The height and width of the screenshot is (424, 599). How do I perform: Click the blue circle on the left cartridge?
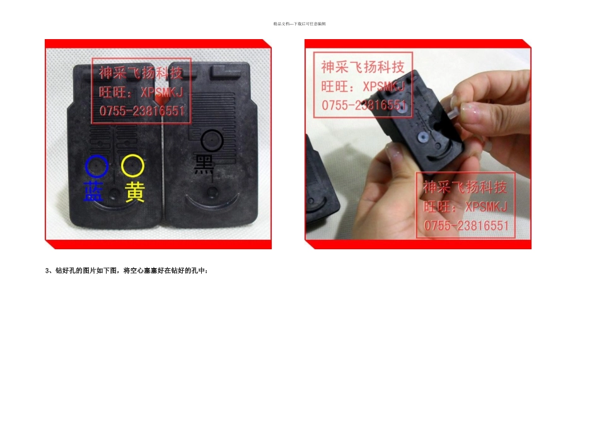point(96,166)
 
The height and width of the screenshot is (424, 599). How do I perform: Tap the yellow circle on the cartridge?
point(133,166)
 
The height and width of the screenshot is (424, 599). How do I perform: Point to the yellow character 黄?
point(134,192)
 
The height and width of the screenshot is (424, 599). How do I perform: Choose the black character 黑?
point(204,163)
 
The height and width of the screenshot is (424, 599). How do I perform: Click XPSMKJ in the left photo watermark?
point(161,92)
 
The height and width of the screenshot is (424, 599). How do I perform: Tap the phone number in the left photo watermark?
point(142,111)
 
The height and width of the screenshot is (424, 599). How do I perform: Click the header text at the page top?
point(299,24)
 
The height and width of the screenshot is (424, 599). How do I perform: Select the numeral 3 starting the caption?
point(47,271)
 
